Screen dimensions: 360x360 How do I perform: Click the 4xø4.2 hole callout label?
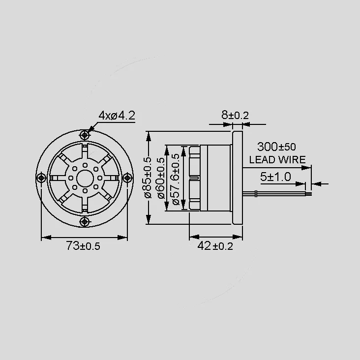tap(117, 116)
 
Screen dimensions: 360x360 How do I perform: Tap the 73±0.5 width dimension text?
tap(83, 246)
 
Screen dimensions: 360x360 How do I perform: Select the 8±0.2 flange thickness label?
tap(235, 115)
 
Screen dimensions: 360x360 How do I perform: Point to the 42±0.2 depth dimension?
tap(215, 246)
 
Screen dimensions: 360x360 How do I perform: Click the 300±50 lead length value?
tap(276, 147)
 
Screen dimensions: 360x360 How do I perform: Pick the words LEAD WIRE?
tap(277, 159)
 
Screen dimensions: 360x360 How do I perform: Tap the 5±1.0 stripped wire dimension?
tap(275, 177)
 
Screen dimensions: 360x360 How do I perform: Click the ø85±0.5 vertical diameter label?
tap(148, 178)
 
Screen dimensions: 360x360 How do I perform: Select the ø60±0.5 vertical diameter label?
tap(161, 178)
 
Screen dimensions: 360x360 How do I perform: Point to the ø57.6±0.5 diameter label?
tap(176, 179)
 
